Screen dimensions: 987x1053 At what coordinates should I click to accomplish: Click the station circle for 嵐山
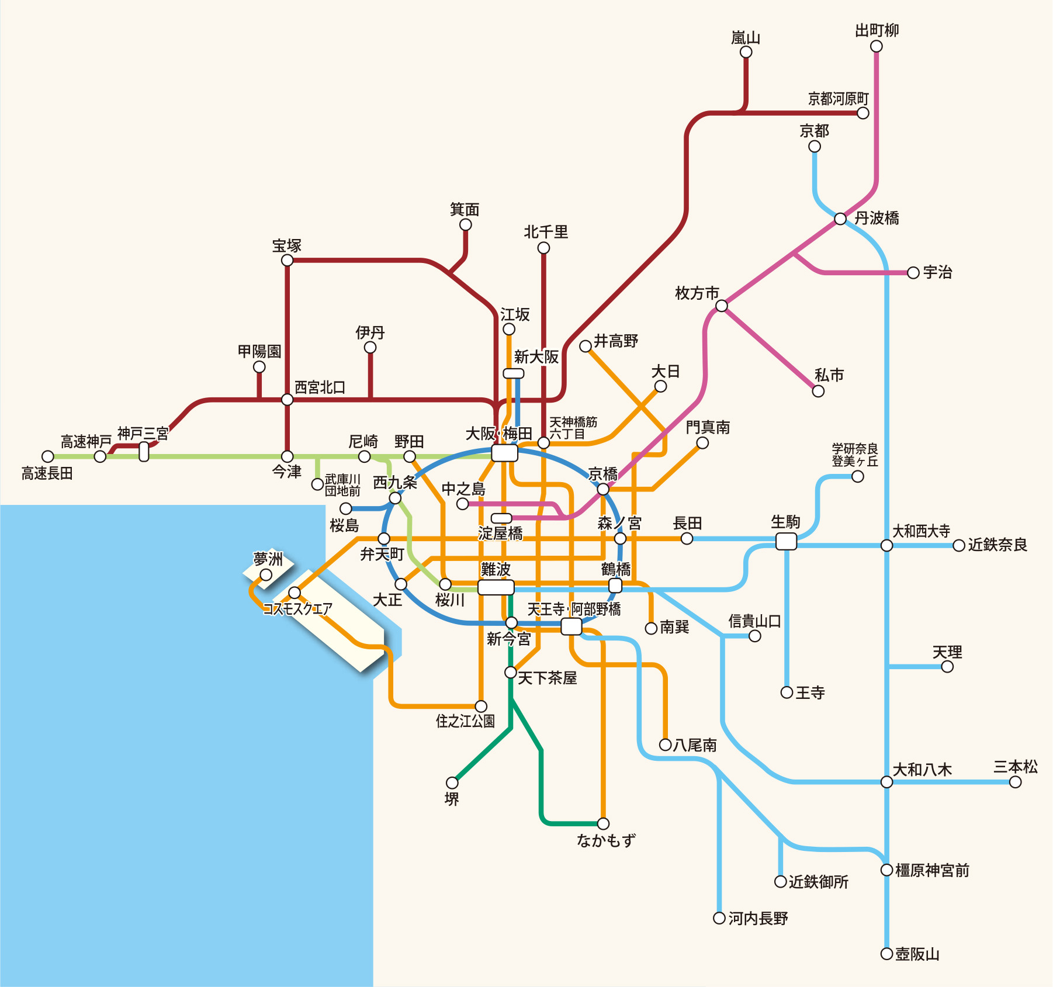[x=746, y=52]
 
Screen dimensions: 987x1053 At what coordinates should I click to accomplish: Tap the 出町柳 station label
[x=877, y=30]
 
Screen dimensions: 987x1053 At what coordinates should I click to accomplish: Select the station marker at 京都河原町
[x=863, y=113]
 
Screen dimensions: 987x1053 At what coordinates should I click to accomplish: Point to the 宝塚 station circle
[x=287, y=260]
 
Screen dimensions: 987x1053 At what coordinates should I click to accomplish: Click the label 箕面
[x=465, y=209]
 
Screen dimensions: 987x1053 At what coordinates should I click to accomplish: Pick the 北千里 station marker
[x=543, y=248]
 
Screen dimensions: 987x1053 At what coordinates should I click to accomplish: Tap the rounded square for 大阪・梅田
[x=504, y=453]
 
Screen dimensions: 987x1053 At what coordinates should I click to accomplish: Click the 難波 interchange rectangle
[x=496, y=587]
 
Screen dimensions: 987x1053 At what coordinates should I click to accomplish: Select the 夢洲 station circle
[x=266, y=575]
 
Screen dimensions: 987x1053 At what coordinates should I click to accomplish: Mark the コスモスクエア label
[x=297, y=609]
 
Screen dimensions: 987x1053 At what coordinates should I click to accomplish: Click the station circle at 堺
[x=452, y=782]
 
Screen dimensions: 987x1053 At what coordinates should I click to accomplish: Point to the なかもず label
[x=606, y=840]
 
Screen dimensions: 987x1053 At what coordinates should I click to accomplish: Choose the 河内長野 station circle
[x=719, y=918]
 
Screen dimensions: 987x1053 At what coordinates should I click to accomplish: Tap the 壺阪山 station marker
[x=886, y=954]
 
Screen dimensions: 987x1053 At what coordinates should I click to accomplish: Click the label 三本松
[x=1016, y=767]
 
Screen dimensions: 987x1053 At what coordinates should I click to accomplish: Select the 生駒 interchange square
[x=786, y=541]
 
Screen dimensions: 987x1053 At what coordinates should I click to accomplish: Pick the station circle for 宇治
[x=913, y=273]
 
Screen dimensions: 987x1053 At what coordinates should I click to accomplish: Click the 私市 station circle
[x=818, y=391]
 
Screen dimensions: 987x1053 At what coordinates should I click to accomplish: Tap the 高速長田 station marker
[x=48, y=456]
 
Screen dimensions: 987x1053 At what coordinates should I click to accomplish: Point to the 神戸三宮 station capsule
[x=144, y=451]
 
